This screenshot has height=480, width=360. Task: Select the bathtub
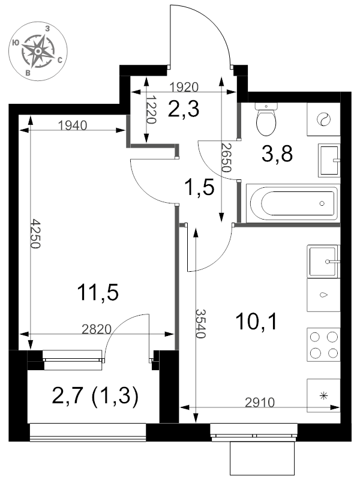pyautogui.click(x=293, y=203)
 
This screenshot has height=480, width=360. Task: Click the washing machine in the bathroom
pyautogui.click(x=323, y=119)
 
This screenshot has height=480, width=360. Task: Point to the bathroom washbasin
pyautogui.click(x=329, y=160)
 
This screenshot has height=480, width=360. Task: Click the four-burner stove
pyautogui.click(x=323, y=345)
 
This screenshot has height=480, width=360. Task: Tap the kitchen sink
pyautogui.click(x=323, y=262)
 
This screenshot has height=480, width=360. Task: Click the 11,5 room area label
pyautogui.click(x=98, y=292)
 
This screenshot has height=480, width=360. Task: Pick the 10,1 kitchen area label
pyautogui.click(x=257, y=322)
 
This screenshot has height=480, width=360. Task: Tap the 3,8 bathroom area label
pyautogui.click(x=277, y=154)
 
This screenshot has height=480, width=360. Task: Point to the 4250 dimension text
pyautogui.click(x=35, y=233)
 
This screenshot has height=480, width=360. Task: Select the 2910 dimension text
pyautogui.click(x=260, y=402)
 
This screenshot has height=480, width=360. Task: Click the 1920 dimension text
pyautogui.click(x=184, y=87)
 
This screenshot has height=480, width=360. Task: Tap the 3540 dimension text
pyautogui.click(x=200, y=323)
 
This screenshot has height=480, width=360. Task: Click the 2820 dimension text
pyautogui.click(x=97, y=329)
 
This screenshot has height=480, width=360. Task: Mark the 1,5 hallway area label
pyautogui.click(x=199, y=188)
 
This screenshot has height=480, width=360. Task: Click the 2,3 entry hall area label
pyautogui.click(x=184, y=109)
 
